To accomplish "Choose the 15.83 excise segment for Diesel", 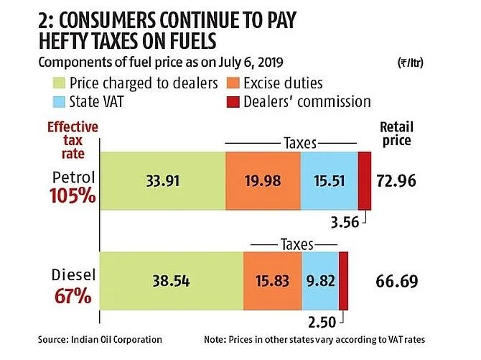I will point(272,280).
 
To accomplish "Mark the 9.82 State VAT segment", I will point(319,280).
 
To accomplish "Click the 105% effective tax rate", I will point(73,195).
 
